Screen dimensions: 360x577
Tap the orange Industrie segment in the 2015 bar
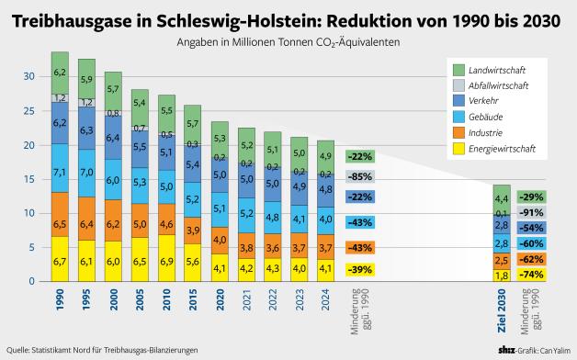[x=193, y=230]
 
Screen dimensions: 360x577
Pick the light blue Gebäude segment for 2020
[x=220, y=209]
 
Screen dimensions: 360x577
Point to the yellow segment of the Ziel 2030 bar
[x=502, y=275]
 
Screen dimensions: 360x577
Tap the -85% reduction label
[x=360, y=176]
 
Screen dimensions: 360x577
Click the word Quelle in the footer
[x=20, y=350]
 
